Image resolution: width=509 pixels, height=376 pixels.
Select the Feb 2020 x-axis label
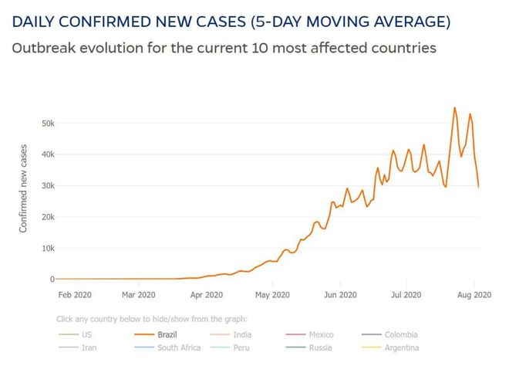tap(75, 294)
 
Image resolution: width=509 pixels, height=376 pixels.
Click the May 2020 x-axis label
tap(272, 294)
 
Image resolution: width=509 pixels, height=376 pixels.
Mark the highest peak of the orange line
tap(454, 107)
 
